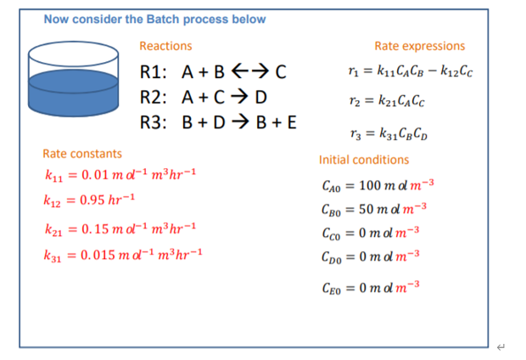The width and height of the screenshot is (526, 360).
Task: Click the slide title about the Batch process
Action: tap(154, 20)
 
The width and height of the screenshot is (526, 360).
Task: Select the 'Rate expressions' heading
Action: tap(419, 46)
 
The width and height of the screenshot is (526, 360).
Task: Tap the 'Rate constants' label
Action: tap(82, 154)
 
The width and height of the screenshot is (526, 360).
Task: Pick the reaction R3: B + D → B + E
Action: tap(218, 121)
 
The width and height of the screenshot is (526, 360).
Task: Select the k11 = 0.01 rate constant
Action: tap(120, 176)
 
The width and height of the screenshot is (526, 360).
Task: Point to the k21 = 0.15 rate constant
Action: tap(120, 229)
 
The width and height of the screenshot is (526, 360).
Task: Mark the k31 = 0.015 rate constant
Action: tap(123, 255)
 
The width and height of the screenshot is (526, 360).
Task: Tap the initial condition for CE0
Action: tap(371, 288)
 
